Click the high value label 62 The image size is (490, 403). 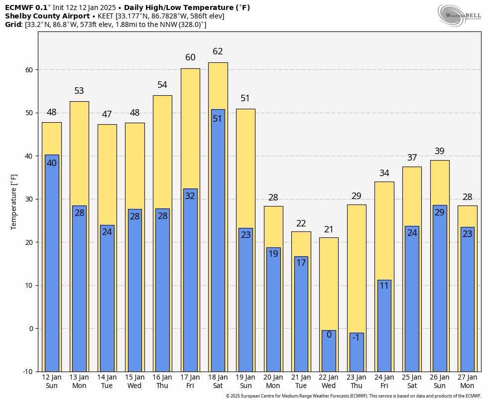[218, 51]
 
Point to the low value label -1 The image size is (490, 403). [356, 338]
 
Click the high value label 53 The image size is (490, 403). [79, 91]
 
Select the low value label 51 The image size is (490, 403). [218, 119]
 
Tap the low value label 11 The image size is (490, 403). [384, 286]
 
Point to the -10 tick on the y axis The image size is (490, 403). [28, 372]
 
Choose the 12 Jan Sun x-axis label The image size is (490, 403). [52, 382]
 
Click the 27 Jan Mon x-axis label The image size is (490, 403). [467, 382]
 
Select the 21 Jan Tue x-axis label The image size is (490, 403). [301, 382]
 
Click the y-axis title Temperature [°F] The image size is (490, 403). [14, 201]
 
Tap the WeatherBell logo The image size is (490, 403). [459, 15]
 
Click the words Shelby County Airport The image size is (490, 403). [47, 16]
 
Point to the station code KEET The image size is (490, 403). [106, 16]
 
